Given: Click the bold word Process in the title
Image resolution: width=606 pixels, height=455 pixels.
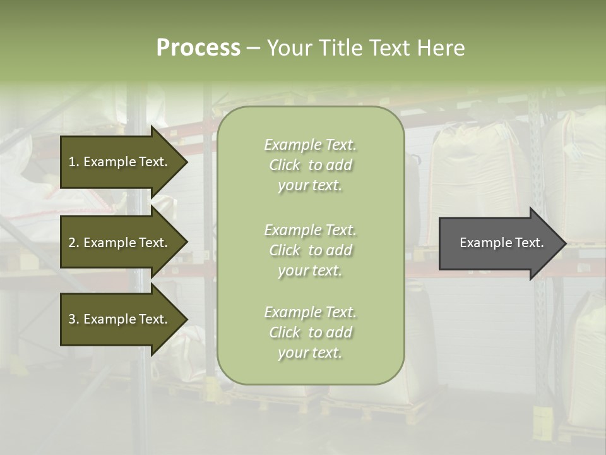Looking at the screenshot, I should pos(198,48).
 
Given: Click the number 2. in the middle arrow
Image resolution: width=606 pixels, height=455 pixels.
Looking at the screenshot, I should pos(73,243).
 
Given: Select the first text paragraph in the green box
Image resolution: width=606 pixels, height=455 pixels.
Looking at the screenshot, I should pos(310,165).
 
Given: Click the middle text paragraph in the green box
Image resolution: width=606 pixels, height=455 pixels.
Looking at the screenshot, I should pos(310,250).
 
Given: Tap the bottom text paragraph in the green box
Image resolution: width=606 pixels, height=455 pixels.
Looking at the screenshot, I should pos(310,332).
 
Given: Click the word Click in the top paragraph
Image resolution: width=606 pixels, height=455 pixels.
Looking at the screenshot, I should pos(285,165).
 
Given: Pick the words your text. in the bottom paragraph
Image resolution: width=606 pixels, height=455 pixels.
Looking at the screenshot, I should pos(310,353).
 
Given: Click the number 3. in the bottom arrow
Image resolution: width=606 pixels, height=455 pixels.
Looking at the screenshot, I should pos(73,319).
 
